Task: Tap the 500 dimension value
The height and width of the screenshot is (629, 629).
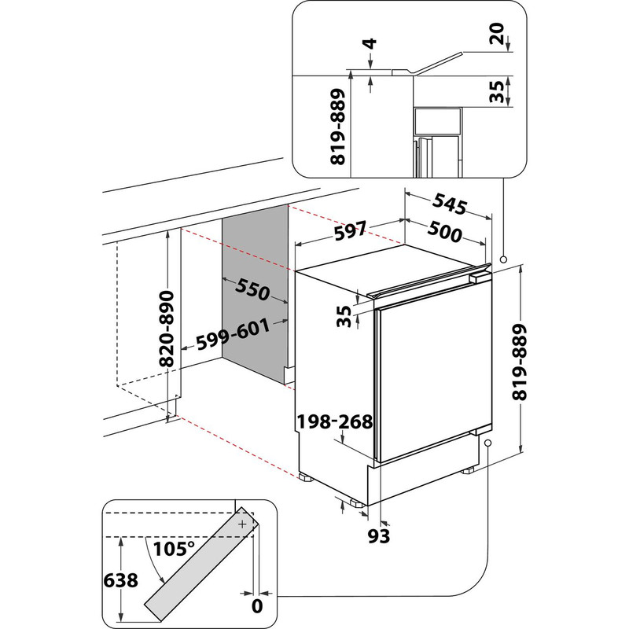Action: [446, 232]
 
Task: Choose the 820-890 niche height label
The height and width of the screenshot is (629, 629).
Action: [166, 329]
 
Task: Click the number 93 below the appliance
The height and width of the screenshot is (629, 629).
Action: [379, 536]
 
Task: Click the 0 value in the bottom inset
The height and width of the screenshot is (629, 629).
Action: [256, 605]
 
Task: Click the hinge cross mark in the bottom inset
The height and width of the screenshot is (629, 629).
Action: [243, 523]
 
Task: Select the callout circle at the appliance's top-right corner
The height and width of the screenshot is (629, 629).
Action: [503, 259]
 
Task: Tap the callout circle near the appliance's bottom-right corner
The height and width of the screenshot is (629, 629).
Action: [488, 444]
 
